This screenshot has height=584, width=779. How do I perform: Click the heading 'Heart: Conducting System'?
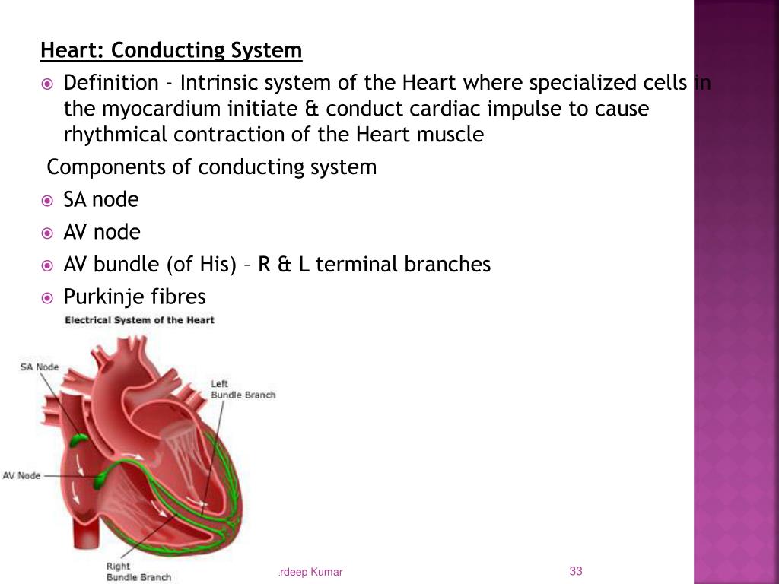point(171,51)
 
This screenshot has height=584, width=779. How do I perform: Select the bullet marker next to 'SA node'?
point(47,201)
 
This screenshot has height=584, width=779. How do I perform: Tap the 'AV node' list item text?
point(102,232)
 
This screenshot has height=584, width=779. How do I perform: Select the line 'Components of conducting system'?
point(211,167)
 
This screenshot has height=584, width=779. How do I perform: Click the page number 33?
point(575,571)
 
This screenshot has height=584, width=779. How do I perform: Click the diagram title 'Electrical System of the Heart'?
point(140,320)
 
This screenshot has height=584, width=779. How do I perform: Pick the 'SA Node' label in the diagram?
point(39,367)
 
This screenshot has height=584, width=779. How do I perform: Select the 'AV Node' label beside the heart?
point(21,475)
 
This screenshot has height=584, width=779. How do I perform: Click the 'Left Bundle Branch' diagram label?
point(243,389)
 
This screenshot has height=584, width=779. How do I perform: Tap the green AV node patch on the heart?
point(100,480)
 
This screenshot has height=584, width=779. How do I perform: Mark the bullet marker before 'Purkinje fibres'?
point(47,297)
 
